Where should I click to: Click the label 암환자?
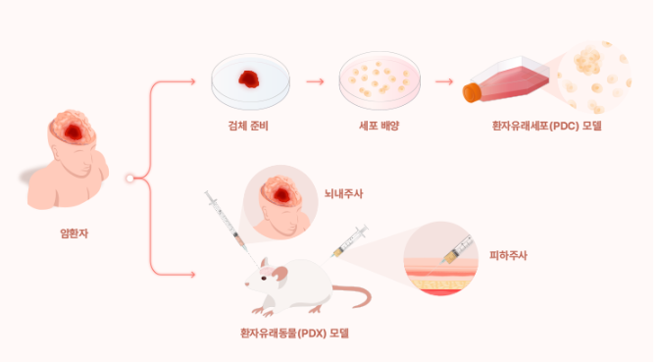pos(75,233)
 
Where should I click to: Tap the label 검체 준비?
pos(248,126)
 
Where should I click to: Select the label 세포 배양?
pos(379,126)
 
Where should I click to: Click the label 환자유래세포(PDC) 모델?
pos(547,126)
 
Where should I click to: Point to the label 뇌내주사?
pos(343,193)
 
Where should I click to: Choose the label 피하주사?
pos(508,255)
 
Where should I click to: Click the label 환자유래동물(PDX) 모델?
pos(294,334)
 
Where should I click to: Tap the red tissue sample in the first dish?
pos(249,79)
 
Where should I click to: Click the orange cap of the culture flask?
pos(472,92)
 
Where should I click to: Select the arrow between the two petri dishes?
pos(315,81)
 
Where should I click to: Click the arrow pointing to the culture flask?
pos(444,81)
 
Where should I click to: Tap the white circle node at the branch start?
pos(129,179)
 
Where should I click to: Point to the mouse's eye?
pos(264,279)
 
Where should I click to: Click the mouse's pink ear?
pos(279,275)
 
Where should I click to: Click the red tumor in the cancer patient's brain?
pos(74,132)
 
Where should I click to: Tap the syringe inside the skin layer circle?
pos(457,250)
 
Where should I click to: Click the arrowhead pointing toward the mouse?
pos(192,275)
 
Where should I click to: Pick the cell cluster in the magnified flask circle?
pos(587,61)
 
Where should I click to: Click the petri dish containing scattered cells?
pos(380,80)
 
